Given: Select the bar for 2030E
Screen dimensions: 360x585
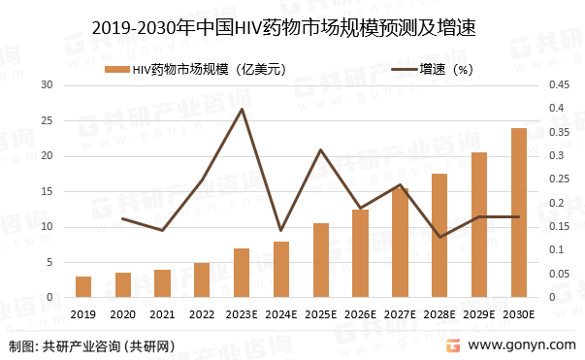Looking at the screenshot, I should tap(519, 213).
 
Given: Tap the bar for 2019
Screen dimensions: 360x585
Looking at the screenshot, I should tap(83, 287).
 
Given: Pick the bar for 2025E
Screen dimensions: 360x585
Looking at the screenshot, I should tap(321, 260).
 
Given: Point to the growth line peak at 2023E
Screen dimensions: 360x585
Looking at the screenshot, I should tap(242, 109).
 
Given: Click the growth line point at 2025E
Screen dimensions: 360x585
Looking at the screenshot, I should tap(321, 149).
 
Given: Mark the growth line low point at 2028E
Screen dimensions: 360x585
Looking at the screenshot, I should tap(439, 237).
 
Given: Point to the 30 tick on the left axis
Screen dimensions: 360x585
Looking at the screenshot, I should tap(46, 85).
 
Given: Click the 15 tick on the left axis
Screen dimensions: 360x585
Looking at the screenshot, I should tap(46, 192).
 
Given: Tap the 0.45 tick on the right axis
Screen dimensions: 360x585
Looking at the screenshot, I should tap(558, 85).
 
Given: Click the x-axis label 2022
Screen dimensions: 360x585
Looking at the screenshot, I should tap(202, 314).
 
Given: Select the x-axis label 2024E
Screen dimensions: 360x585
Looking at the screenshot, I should tap(281, 314).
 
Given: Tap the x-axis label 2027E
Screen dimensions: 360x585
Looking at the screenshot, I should tap(400, 314).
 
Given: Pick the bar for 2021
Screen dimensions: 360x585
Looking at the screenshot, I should tap(163, 283).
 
